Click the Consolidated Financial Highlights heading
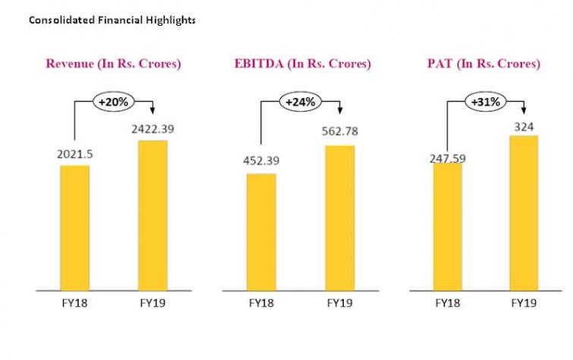(112, 20)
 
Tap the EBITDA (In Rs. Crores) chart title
(302, 64)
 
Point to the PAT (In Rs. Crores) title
(483, 64)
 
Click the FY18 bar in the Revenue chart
(74, 227)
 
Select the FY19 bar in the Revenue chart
(152, 215)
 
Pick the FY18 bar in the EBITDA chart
(260, 232)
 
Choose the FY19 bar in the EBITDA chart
(339, 217)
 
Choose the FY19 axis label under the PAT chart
(523, 303)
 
